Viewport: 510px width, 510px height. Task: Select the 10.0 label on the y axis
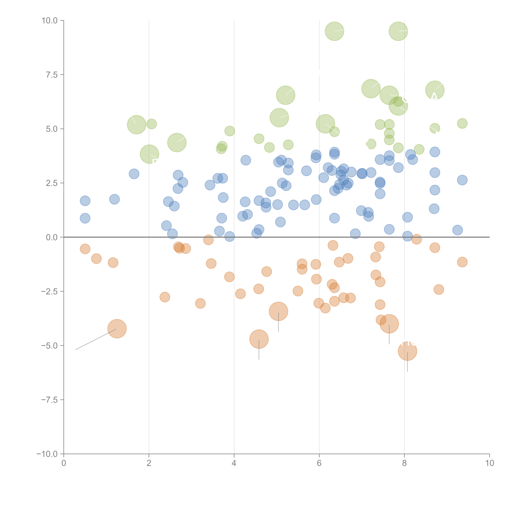tap(49, 21)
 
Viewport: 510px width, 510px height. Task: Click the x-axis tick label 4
tap(234, 463)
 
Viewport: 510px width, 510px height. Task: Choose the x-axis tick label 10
tap(489, 463)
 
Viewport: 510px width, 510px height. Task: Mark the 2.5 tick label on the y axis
tap(52, 183)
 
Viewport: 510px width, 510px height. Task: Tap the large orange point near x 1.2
tap(117, 329)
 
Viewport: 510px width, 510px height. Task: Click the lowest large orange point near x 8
tap(407, 351)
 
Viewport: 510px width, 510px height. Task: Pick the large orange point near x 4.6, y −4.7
tap(259, 339)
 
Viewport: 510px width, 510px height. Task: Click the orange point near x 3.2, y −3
tap(200, 303)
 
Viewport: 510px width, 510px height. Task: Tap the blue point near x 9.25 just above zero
tap(457, 230)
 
